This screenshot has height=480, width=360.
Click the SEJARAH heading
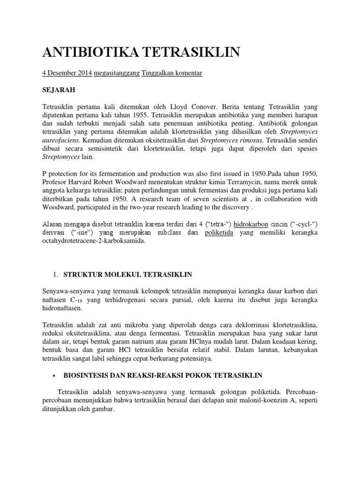(x=59, y=89)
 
